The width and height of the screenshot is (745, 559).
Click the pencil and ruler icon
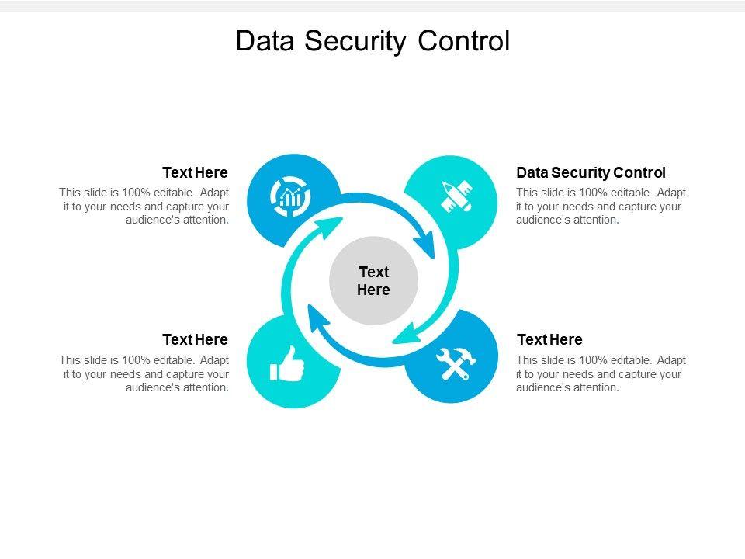(x=456, y=196)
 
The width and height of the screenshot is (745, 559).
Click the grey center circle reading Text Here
(x=373, y=280)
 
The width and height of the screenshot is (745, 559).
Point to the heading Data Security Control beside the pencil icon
(x=591, y=172)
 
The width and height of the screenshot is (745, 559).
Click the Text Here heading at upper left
(x=195, y=172)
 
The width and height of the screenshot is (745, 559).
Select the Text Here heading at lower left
(x=195, y=339)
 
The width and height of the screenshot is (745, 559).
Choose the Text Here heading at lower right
(x=549, y=339)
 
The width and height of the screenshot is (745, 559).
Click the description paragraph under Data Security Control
(x=601, y=206)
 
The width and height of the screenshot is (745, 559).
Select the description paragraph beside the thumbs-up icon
(x=144, y=373)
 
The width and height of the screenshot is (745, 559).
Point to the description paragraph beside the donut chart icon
(x=144, y=206)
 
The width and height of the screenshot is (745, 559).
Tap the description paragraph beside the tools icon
(x=601, y=373)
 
